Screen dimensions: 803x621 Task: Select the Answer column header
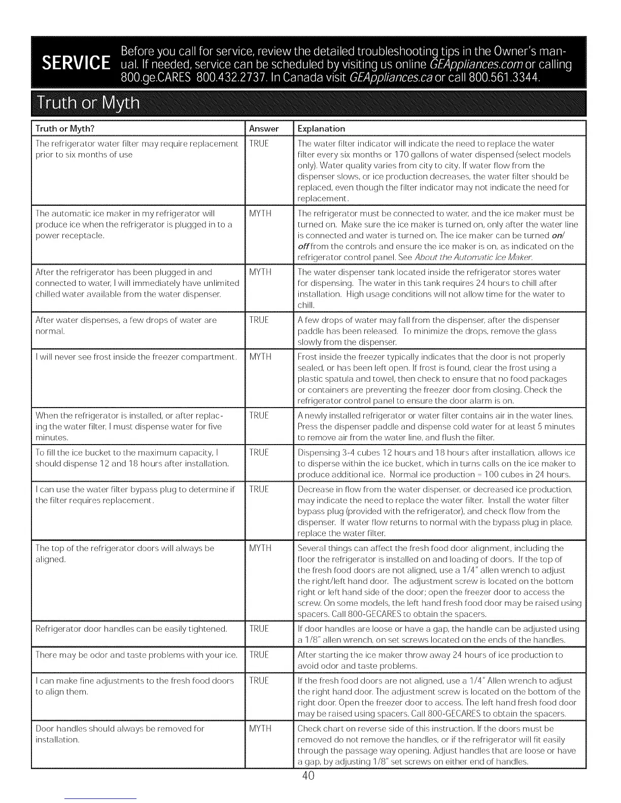[264, 129]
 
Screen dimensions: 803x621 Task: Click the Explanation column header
[321, 129]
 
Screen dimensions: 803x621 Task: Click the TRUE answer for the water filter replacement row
[259, 143]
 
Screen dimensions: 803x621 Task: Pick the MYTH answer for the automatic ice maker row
[260, 213]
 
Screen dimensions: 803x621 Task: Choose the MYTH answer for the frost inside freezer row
[260, 357]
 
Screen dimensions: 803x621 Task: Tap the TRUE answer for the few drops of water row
[259, 320]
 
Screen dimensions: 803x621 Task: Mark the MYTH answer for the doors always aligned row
[260, 548]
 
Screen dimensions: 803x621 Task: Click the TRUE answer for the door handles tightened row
[259, 629]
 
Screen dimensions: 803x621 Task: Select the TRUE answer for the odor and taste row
[259, 655]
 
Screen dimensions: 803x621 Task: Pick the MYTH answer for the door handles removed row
[260, 728]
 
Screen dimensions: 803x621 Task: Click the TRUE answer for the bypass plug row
[259, 489]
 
